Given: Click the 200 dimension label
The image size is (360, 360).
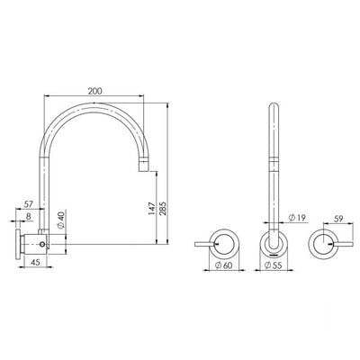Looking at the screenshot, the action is [94, 91].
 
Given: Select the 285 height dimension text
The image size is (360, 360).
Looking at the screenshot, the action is [162, 208].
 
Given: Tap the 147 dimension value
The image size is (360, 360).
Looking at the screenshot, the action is [152, 208].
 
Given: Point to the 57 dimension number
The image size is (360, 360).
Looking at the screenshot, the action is [28, 204].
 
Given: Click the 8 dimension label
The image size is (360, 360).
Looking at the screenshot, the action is [28, 216].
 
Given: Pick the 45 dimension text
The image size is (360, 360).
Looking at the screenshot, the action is [35, 262].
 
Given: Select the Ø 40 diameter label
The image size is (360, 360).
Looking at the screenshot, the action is [60, 220].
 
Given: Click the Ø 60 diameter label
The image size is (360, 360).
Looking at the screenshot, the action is [223, 265].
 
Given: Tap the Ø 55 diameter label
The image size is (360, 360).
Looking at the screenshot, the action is [274, 265].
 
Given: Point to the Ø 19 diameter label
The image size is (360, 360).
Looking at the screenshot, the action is [297, 218].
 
